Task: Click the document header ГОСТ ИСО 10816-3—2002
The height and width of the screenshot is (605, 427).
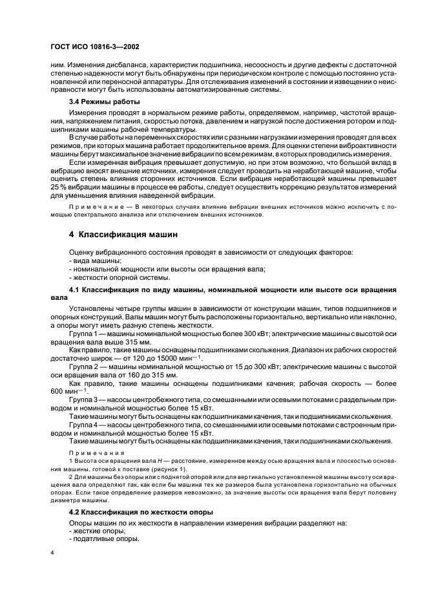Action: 96,47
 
